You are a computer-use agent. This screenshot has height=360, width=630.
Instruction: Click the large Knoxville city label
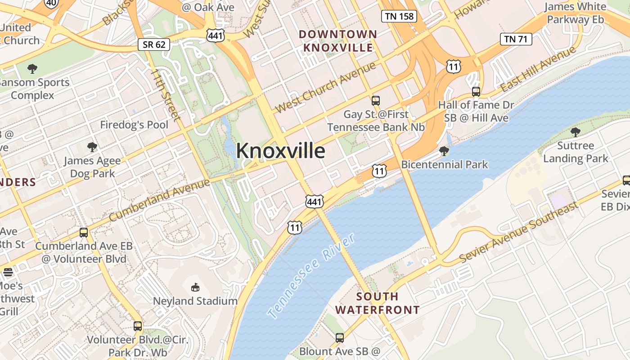(x=280, y=151)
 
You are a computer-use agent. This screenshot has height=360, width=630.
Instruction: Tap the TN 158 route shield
(x=399, y=17)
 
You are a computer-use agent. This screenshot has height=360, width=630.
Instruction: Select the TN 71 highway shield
(x=516, y=39)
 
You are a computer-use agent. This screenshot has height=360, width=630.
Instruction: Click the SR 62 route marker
(x=154, y=44)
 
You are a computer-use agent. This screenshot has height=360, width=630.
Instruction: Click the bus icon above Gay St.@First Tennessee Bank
(x=376, y=100)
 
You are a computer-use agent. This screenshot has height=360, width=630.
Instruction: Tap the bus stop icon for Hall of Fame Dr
(x=476, y=92)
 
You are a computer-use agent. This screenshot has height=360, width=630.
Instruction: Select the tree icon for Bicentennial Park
(x=444, y=151)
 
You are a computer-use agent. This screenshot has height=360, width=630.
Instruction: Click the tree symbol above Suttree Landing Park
(x=575, y=132)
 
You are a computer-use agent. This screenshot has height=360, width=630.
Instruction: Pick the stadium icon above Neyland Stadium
(x=195, y=287)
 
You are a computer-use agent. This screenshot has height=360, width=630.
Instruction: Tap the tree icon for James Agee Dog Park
(x=92, y=147)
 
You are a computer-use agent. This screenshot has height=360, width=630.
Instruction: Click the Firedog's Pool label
(x=134, y=125)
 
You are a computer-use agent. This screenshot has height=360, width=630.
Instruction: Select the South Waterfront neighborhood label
(x=377, y=303)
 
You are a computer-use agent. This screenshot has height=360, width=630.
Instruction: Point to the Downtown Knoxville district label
(x=338, y=40)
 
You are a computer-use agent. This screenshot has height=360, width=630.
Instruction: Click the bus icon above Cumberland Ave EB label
(x=84, y=232)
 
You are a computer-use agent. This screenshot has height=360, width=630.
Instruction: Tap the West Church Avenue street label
(x=325, y=88)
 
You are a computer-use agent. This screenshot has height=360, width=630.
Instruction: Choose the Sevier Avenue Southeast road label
(x=518, y=233)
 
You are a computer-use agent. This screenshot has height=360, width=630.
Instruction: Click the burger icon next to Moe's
(x=8, y=272)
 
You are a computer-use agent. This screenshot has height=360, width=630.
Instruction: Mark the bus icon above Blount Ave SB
(x=340, y=337)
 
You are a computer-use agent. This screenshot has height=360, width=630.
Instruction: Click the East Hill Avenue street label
(x=539, y=68)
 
